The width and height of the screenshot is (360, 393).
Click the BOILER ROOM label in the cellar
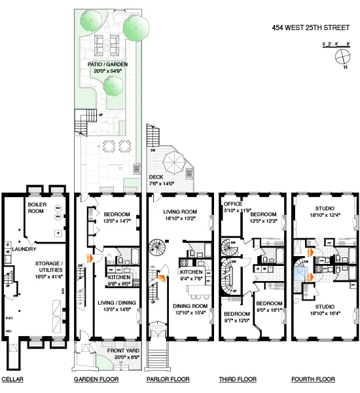[37, 208]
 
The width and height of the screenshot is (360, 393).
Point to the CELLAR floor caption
[12, 379]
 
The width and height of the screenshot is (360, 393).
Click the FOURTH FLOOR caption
[313, 379]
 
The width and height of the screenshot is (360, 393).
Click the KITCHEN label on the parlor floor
[192, 271]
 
